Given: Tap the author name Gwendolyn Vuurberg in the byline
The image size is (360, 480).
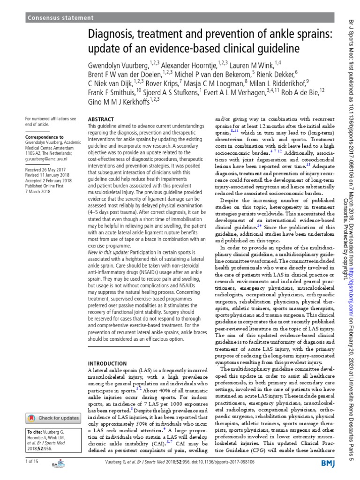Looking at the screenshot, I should (117, 65).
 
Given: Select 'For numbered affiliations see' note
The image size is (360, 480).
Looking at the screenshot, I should (50, 119).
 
